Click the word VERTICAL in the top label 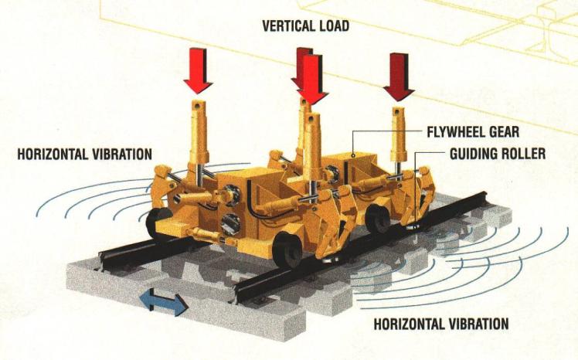288,26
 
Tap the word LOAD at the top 333,26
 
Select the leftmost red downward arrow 199,71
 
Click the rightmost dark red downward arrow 399,77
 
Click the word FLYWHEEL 455,132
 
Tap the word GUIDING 471,153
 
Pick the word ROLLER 521,153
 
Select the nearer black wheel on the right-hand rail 287,249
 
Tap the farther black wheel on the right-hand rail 377,220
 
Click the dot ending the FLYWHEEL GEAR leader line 353,155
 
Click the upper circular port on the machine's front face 231,195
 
